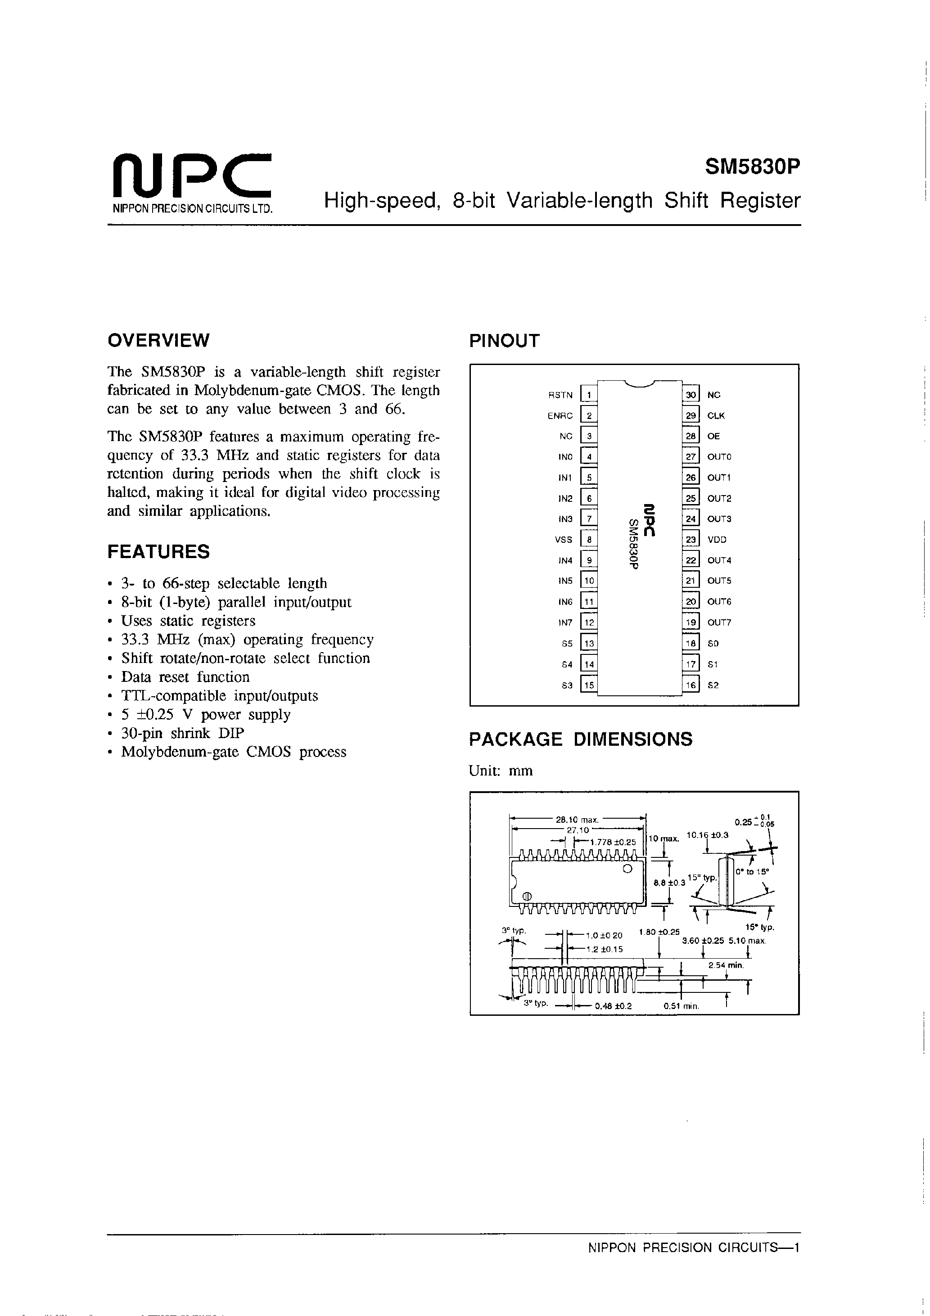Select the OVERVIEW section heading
point(158,340)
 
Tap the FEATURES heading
point(158,552)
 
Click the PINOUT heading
point(504,341)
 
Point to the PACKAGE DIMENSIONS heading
point(580,739)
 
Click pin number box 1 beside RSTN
point(589,395)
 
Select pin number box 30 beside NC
point(691,395)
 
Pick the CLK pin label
point(716,416)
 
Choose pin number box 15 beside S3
point(589,685)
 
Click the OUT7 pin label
point(719,622)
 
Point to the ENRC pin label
point(560,416)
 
